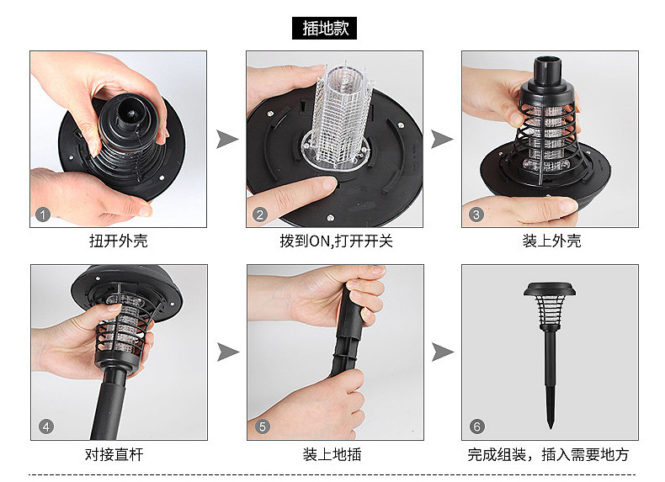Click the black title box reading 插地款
[x=324, y=29]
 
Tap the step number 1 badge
[x=42, y=215]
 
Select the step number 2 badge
[x=260, y=215]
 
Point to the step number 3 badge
[x=476, y=215]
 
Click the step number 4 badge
[x=45, y=426]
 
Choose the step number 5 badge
[x=262, y=426]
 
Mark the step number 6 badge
[x=476, y=426]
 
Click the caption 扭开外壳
[x=119, y=241]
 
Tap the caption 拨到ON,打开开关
[x=336, y=241]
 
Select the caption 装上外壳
[x=551, y=241]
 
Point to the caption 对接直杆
[x=114, y=454]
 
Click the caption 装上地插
[x=332, y=454]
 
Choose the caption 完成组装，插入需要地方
[x=548, y=454]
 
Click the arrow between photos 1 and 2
[x=227, y=140]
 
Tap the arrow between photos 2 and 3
[x=442, y=140]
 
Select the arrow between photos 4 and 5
[x=228, y=352]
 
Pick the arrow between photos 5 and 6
[x=443, y=352]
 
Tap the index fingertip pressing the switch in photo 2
[x=327, y=183]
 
